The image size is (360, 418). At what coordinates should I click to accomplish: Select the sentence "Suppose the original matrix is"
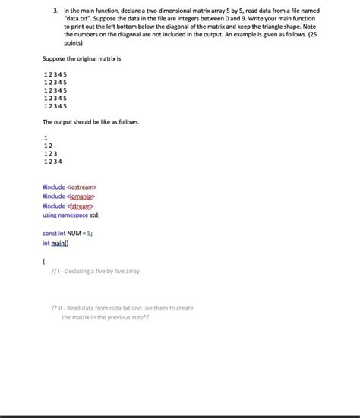pyautogui.click(x=79, y=58)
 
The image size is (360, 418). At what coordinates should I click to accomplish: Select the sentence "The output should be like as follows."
pyautogui.click(x=90, y=121)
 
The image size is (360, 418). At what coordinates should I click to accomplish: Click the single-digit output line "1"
pyautogui.click(x=46, y=137)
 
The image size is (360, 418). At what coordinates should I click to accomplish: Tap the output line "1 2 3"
pyautogui.click(x=51, y=153)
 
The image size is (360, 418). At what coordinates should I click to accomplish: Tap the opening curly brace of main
pyautogui.click(x=44, y=262)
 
